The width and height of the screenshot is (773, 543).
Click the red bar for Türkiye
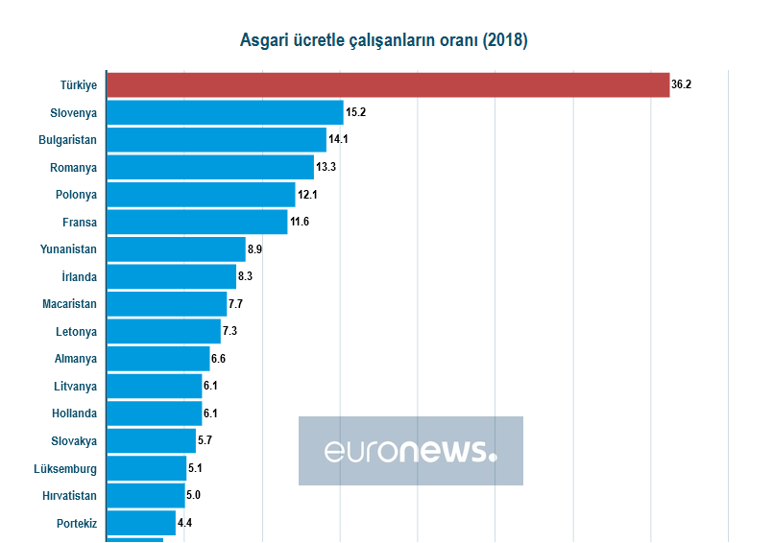tap(388, 84)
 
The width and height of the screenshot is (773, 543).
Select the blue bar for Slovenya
tap(225, 112)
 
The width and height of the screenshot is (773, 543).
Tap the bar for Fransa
tap(197, 222)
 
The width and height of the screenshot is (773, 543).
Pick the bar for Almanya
tap(157, 359)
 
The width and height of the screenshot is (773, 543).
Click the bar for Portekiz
tap(141, 523)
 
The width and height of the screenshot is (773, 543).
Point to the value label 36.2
tap(681, 84)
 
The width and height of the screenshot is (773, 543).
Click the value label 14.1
tap(338, 139)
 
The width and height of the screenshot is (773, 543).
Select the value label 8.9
tap(254, 249)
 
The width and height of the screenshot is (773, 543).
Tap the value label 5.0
tap(193, 495)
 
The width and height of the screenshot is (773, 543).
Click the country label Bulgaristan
tap(67, 140)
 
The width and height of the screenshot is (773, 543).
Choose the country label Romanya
tap(74, 167)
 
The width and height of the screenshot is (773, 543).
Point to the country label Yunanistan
tap(69, 249)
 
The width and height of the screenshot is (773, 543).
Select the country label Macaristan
tap(69, 304)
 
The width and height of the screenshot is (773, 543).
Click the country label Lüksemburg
tap(65, 469)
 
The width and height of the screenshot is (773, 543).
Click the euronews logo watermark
tap(410, 451)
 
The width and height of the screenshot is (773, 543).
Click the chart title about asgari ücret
tap(383, 40)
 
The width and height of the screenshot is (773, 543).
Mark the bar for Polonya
tap(201, 195)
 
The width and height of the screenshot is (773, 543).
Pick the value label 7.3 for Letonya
tap(229, 331)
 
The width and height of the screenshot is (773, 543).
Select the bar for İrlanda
tap(171, 276)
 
